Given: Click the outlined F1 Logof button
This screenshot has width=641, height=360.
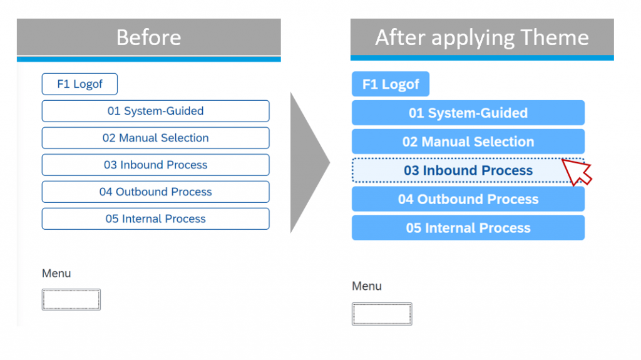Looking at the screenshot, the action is pos(79,84).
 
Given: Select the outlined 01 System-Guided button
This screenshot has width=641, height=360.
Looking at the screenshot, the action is pos(155,111).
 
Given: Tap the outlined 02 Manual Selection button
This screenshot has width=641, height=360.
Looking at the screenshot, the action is pos(155,138).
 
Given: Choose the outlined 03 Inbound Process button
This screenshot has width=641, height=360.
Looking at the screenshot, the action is pos(155,165).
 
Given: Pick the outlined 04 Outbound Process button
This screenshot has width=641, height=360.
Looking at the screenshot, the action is pos(155,192).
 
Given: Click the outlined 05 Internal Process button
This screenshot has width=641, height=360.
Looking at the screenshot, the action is pos(155,219).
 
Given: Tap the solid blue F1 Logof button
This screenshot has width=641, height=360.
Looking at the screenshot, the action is pos(391,84).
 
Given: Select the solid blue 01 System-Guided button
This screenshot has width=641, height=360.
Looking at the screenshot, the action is pos(468,113).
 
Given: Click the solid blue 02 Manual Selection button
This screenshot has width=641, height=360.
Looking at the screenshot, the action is pos(468,141).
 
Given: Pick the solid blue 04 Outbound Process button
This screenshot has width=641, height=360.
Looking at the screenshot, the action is pos(468,199).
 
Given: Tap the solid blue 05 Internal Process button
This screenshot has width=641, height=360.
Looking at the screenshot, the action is pos(468,228).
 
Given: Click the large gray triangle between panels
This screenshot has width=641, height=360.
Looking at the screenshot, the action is pos(305,163).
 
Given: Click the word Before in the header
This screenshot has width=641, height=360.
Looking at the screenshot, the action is pos(149,37).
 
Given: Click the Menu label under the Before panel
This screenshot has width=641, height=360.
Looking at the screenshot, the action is pos(56,273).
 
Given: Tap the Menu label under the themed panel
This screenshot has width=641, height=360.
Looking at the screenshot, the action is pos(367,286).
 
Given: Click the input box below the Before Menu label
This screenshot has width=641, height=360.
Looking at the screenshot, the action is pos(71,299).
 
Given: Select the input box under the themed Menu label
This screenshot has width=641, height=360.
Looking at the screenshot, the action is pos(382,314).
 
